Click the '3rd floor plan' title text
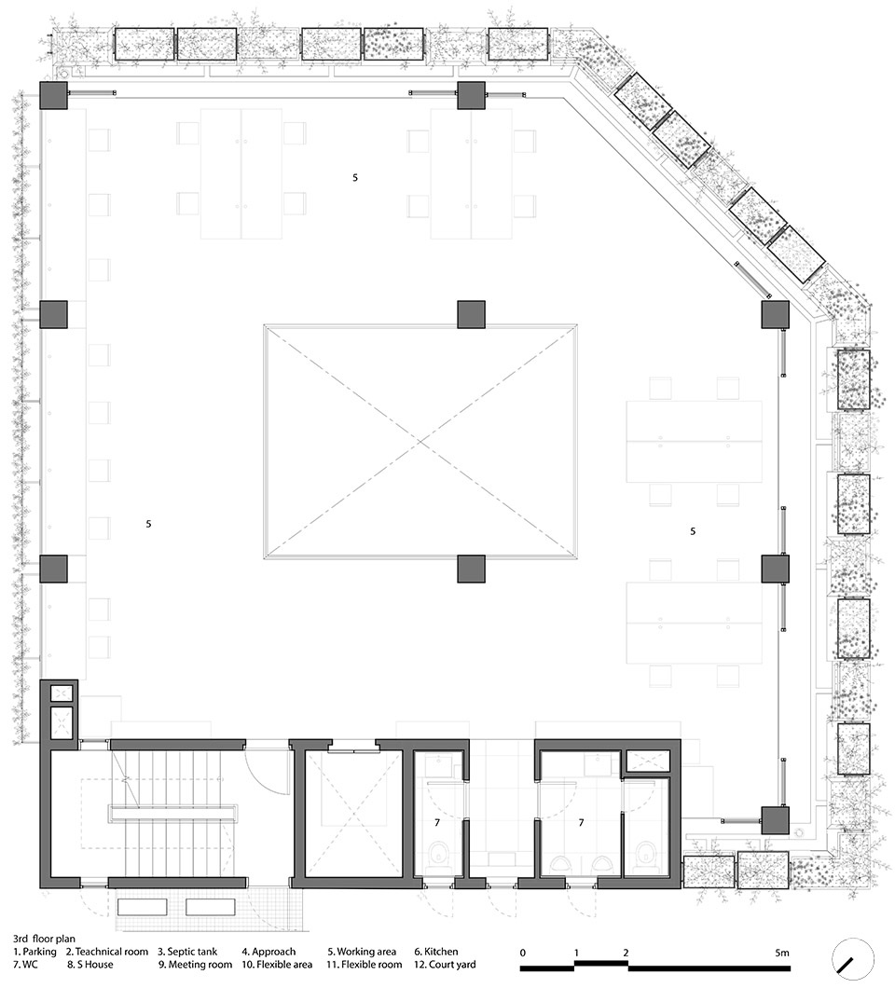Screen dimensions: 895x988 (x=44, y=939)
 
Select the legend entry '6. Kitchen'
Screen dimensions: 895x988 (x=435, y=952)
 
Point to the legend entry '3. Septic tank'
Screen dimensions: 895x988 (x=187, y=952)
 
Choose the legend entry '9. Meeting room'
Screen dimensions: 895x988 (x=195, y=964)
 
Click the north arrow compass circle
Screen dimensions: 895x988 (x=852, y=962)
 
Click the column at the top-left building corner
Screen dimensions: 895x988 (x=53, y=95)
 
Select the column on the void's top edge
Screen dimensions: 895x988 (x=471, y=314)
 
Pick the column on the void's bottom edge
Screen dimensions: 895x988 (x=471, y=569)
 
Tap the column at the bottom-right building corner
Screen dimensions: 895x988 (x=776, y=820)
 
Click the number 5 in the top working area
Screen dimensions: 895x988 (x=355, y=178)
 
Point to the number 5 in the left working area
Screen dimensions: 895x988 (x=149, y=524)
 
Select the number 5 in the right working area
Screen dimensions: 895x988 (x=693, y=531)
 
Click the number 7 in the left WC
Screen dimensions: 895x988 (x=437, y=823)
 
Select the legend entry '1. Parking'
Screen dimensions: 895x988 (x=34, y=952)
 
